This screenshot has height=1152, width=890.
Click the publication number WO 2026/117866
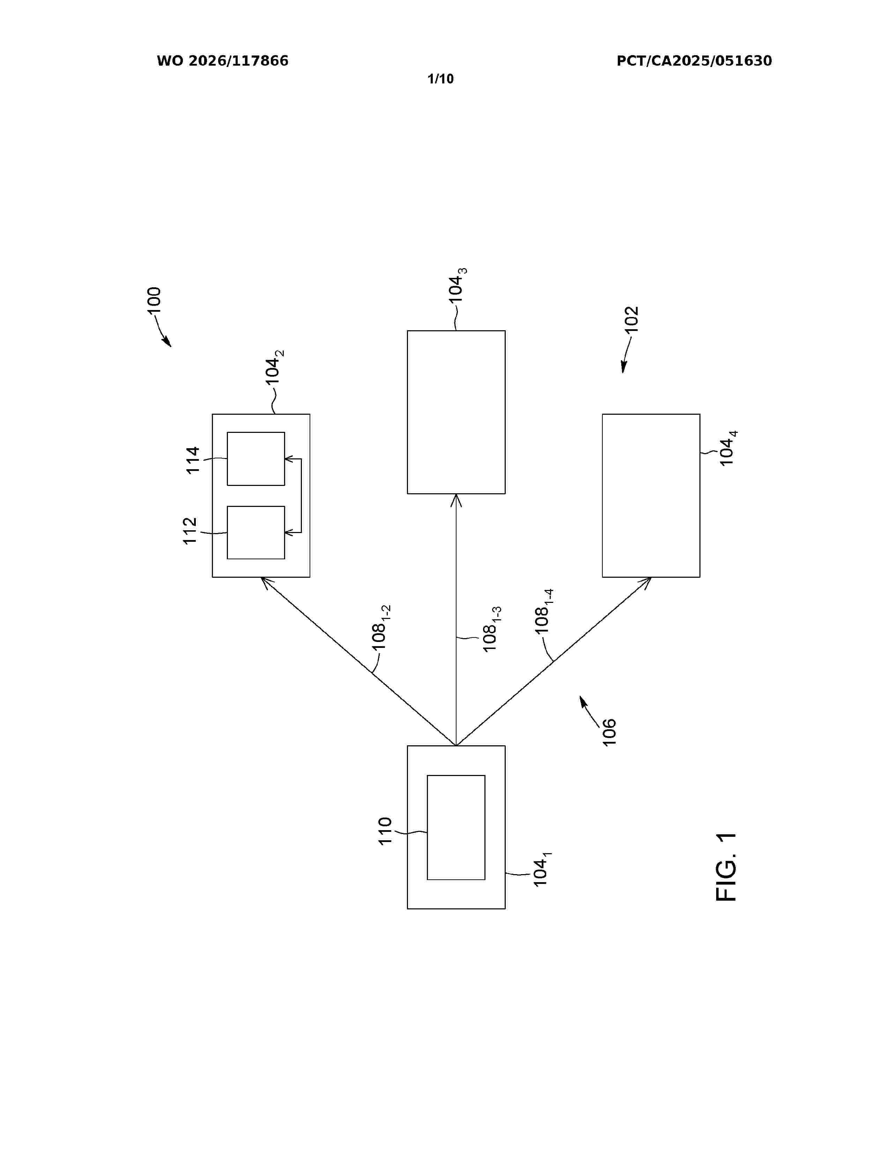[223, 61]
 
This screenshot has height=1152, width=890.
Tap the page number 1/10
[440, 79]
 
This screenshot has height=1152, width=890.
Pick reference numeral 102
[631, 319]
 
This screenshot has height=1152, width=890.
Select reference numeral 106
[609, 732]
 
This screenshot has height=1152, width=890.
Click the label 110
[385, 831]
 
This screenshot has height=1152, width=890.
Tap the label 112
[190, 531]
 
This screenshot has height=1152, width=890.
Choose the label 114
[193, 460]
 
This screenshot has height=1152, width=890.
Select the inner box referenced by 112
[256, 533]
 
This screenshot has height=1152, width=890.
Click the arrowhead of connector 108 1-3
[456, 500]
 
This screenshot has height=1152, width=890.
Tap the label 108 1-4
[543, 611]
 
